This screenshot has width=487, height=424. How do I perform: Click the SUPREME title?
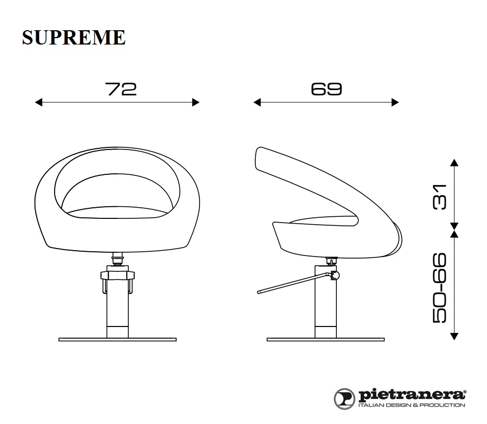coord(74,38)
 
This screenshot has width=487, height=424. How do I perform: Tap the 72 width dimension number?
coord(121,89)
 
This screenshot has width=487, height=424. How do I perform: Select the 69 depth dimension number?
coord(326,89)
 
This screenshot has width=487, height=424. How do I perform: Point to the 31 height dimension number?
coord(439,197)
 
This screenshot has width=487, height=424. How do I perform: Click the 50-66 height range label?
coord(439,288)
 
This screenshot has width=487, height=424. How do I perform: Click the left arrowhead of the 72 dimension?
coord(39,102)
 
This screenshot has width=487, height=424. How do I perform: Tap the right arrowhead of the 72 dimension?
coord(196,102)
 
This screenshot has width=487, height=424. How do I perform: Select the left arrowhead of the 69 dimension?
coord(257,102)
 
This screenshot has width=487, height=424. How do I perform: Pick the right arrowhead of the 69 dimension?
coord(395,102)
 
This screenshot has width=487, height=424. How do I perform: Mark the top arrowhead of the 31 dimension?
coord(454,163)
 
